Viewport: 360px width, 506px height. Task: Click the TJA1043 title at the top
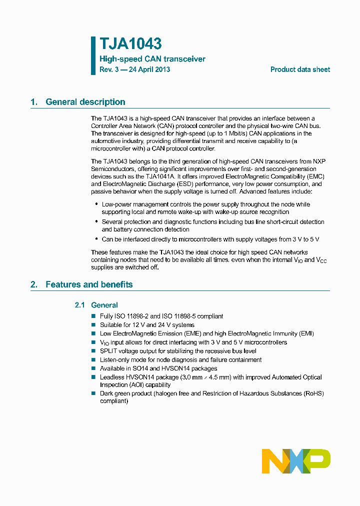pos(130,44)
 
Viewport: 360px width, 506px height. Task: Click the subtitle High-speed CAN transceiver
pos(152,59)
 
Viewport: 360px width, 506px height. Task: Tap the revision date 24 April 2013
pos(149,69)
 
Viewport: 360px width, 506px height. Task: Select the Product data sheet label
pos(300,69)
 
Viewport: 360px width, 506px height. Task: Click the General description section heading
pos(85,102)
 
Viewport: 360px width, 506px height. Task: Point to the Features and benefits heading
pos(89,284)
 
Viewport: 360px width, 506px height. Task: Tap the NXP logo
pos(296,460)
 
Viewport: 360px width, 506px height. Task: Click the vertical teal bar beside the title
pos(93,55)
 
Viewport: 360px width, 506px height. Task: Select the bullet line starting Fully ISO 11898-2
pos(161,316)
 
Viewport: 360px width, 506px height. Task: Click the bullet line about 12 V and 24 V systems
pos(147,325)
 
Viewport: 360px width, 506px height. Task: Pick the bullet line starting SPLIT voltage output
pos(177,351)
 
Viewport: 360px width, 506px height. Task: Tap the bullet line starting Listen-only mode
pos(180,359)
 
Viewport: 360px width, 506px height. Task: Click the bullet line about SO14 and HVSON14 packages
pos(158,368)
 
